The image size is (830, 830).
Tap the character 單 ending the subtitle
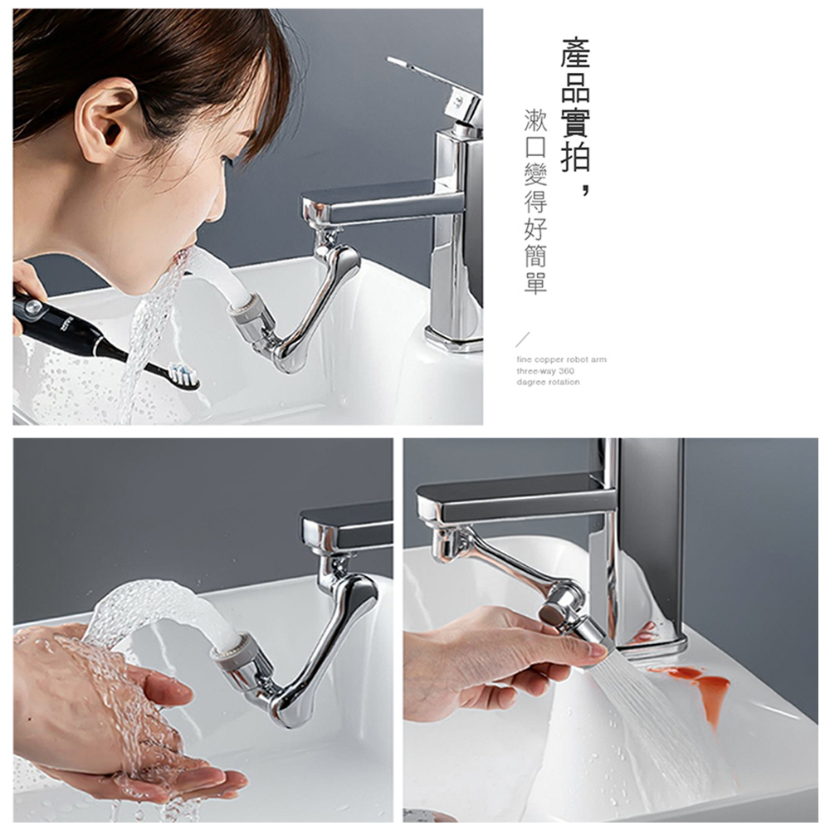point(535,283)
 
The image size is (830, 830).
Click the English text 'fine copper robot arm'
point(561,359)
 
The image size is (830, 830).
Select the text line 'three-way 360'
point(545,371)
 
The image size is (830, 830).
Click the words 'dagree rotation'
point(548,382)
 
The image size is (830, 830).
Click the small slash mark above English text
point(522,339)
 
